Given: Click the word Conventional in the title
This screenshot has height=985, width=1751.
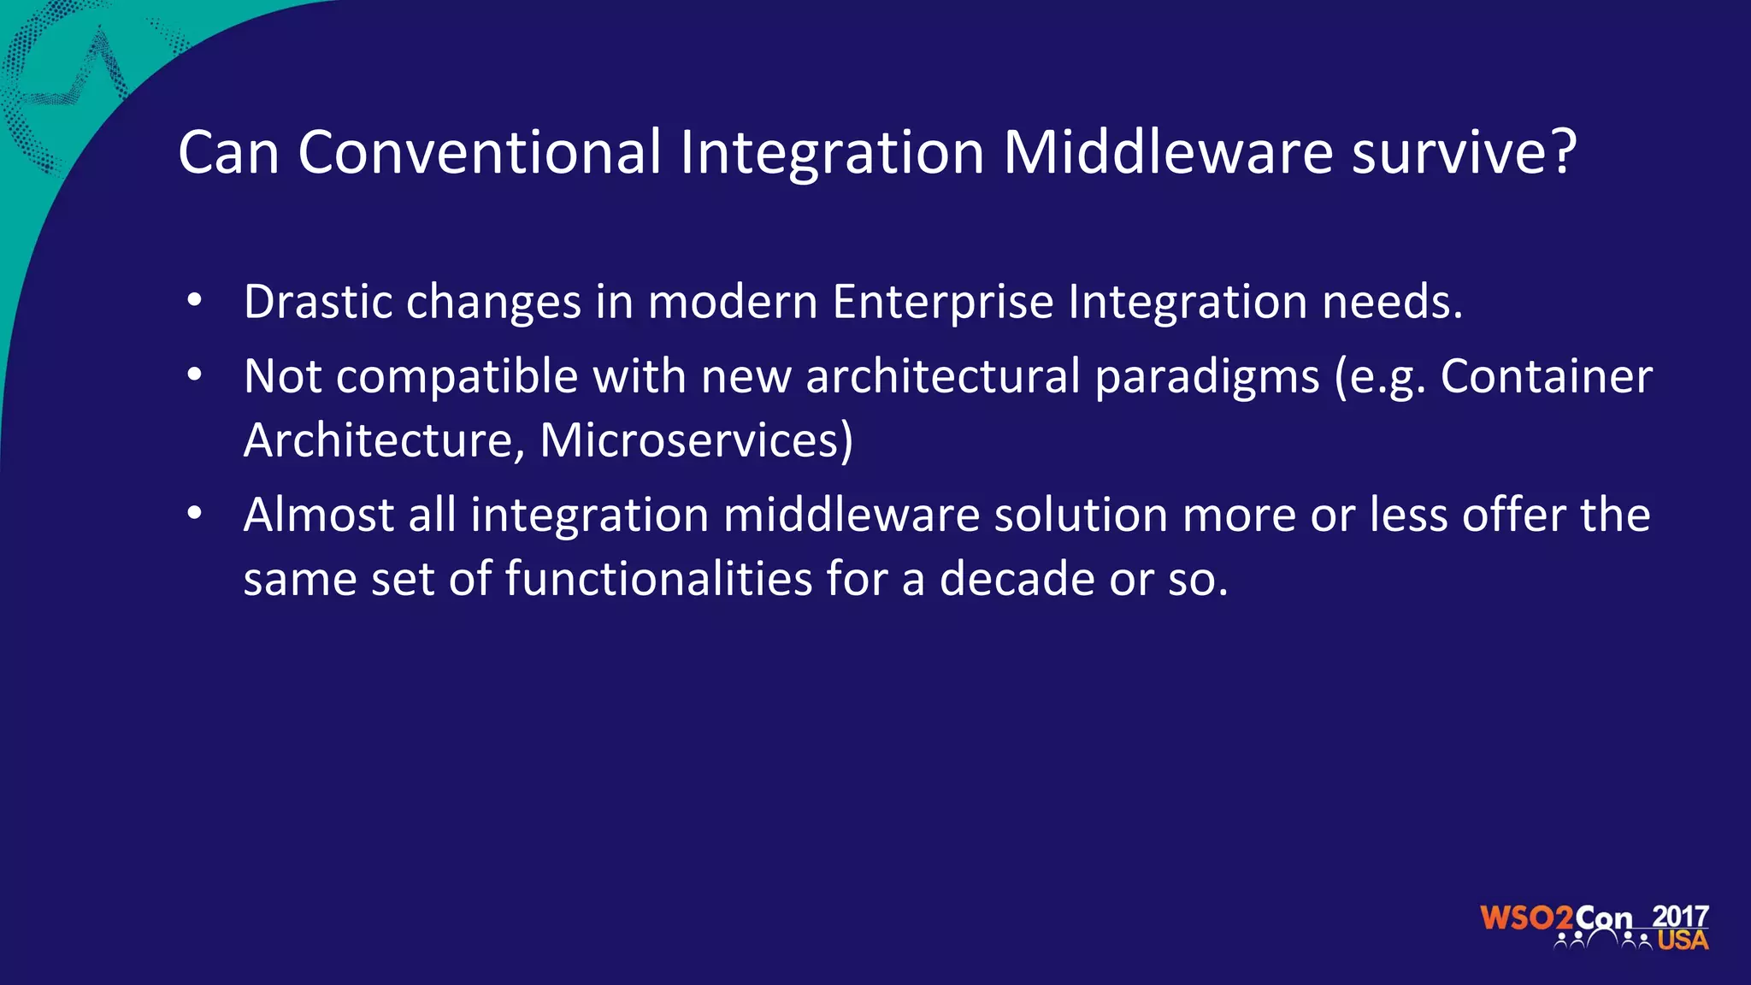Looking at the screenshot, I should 479,153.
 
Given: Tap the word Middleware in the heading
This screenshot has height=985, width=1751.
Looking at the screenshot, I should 1167,153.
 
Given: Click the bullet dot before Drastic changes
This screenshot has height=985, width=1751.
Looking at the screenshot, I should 195,301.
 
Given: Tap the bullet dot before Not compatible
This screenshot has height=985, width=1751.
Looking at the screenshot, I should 195,375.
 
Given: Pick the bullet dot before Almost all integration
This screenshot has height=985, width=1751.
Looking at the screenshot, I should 195,514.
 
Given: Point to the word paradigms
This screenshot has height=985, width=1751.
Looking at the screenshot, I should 1207,377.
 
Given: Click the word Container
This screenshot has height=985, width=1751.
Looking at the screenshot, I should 1546,376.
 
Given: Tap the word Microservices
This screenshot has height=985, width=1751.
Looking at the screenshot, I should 695,440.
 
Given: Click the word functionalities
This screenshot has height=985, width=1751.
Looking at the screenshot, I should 658,579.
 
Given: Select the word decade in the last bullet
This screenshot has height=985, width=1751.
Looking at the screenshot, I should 1017,579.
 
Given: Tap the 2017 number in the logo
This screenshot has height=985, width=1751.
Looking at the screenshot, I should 1680,916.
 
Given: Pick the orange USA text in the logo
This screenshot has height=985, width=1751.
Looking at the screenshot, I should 1683,941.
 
